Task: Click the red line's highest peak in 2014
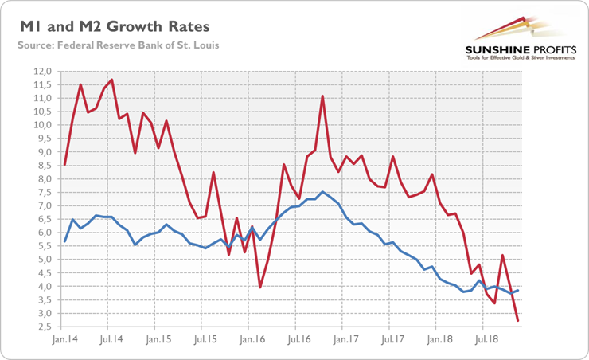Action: (112, 80)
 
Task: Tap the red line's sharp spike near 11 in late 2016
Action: (322, 96)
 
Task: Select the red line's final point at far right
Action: (518, 320)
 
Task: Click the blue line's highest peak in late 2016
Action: (322, 192)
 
